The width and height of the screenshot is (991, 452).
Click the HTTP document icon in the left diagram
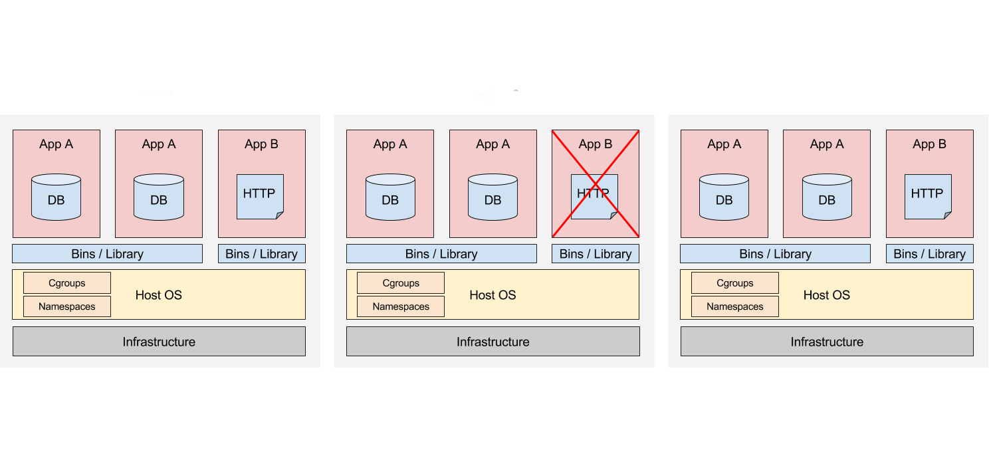coord(260,196)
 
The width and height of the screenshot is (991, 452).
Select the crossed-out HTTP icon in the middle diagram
coord(594,196)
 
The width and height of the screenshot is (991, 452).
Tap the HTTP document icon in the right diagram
coord(928,196)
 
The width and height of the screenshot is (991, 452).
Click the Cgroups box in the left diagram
coord(67,283)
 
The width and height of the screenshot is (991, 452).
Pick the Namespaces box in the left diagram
coord(67,306)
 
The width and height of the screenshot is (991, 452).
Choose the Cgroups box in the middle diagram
coord(401,283)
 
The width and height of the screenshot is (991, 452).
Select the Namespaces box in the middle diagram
coord(401,306)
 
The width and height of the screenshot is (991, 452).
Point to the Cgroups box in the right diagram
coord(735,283)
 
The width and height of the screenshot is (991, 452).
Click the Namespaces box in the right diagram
coord(735,306)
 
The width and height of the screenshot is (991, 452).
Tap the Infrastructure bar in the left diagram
coord(159,342)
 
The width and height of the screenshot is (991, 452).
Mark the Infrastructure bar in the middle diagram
coord(493,342)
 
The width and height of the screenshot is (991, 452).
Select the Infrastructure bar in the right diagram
coord(827,342)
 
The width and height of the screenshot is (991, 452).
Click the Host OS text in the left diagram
coord(158,295)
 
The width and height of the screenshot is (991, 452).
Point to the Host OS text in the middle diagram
coord(493,295)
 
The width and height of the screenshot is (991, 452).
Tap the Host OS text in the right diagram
coord(826,295)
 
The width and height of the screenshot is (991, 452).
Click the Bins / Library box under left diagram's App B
coord(262,254)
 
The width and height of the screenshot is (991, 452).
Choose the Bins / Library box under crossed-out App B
coord(596,254)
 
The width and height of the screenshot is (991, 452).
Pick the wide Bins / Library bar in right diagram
coord(775,254)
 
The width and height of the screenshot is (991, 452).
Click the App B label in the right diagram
coord(929,144)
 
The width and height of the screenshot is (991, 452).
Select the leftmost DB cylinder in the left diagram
coord(56,197)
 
